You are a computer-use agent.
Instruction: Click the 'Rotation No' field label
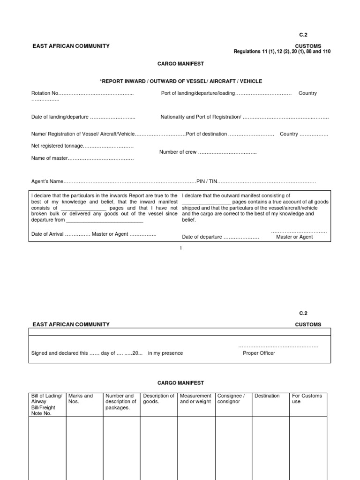45,93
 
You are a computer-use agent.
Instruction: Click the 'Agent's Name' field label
47,181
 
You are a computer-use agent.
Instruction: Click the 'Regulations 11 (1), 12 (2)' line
282,52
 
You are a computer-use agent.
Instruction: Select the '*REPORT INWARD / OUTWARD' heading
180,81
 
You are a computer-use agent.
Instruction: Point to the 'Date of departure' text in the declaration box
202,237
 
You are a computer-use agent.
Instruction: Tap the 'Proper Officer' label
259,353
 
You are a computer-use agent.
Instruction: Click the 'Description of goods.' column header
158,398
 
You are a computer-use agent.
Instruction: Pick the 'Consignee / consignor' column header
231,398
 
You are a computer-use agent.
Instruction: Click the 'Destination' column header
267,396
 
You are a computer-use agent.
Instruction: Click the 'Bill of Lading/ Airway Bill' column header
46,405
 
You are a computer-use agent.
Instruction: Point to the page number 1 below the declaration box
180,248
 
